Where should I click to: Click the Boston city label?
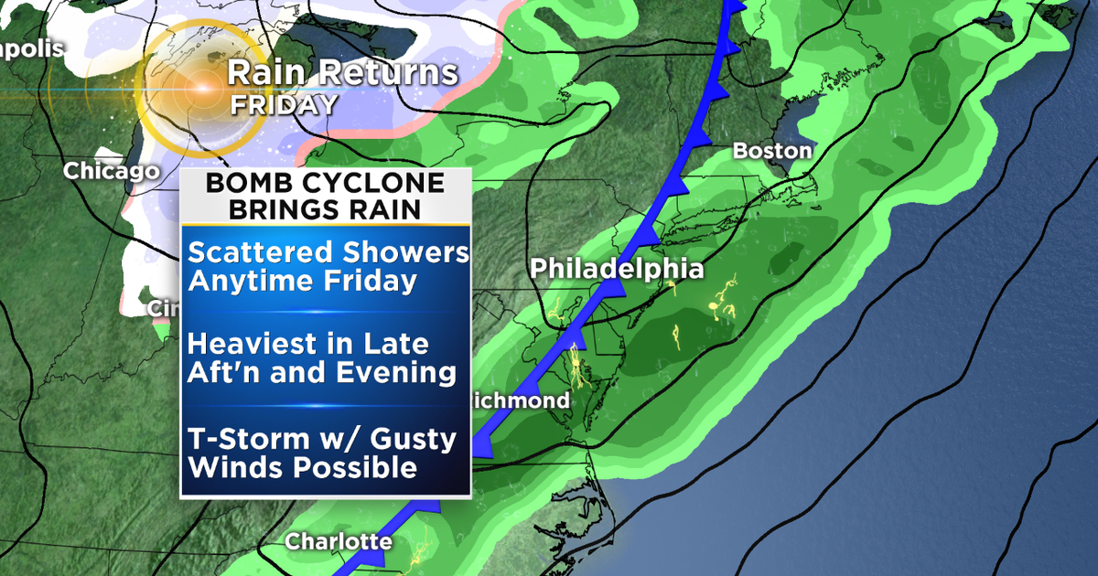[772, 151]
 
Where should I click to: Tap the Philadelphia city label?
[619, 268]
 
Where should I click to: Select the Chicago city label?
[111, 171]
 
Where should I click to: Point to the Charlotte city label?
[339, 541]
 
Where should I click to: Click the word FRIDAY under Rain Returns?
[284, 104]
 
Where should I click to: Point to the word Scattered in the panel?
[251, 252]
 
